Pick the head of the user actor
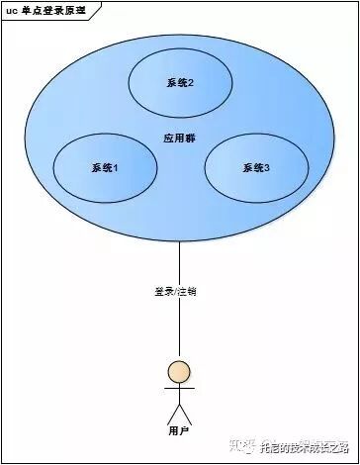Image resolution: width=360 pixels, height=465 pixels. [x=179, y=372]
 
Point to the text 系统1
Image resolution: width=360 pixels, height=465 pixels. [x=104, y=168]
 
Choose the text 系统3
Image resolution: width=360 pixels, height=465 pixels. [x=255, y=168]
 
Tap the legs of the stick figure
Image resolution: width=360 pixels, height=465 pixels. [x=179, y=414]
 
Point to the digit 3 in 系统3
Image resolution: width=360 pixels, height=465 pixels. [x=266, y=168]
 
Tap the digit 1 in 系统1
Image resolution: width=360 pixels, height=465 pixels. [x=115, y=168]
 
